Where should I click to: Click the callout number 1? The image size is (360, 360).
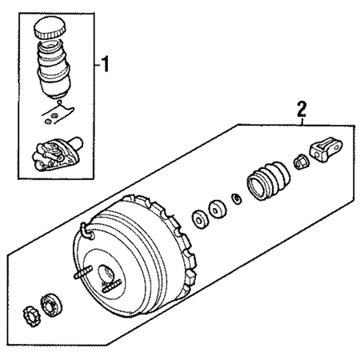tap(106, 64)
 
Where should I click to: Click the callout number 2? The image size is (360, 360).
tap(302, 109)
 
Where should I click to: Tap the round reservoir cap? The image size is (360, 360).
tap(50, 27)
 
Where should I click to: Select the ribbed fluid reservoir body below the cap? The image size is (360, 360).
tap(54, 69)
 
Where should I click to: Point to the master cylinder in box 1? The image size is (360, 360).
tap(57, 154)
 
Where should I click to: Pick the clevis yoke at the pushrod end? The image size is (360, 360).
tap(326, 150)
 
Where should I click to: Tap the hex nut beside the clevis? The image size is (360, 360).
tap(301, 162)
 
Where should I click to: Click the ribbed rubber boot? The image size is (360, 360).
tap(269, 180)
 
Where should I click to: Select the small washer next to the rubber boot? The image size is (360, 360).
tap(237, 199)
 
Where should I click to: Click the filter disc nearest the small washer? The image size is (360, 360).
tap(217, 210)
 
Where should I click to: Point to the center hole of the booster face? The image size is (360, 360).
tap(106, 274)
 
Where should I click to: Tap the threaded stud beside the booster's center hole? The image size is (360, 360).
tap(111, 286)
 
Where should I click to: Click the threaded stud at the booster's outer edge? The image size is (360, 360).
tap(83, 273)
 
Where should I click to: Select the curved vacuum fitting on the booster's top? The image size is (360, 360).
tap(86, 231)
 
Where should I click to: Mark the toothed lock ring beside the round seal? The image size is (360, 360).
tap(31, 317)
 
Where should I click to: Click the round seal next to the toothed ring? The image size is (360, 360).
tap(51, 305)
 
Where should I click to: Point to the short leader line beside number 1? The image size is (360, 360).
tap(98, 65)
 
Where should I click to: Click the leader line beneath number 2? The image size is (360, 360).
tap(302, 122)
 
